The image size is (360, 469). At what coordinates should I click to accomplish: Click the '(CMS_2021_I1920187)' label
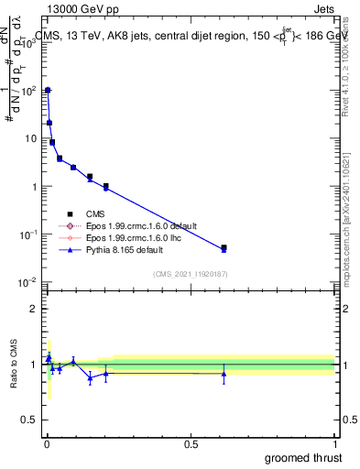coord(191,273)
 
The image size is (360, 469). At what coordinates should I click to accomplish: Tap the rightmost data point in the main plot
coord(224,247)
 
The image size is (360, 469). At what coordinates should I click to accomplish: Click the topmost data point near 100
coord(48,90)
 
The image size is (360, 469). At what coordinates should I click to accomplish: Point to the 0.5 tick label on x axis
coord(191,444)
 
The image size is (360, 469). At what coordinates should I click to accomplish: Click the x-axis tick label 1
coord(335,444)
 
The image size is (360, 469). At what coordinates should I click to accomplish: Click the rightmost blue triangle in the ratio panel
coord(224,373)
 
